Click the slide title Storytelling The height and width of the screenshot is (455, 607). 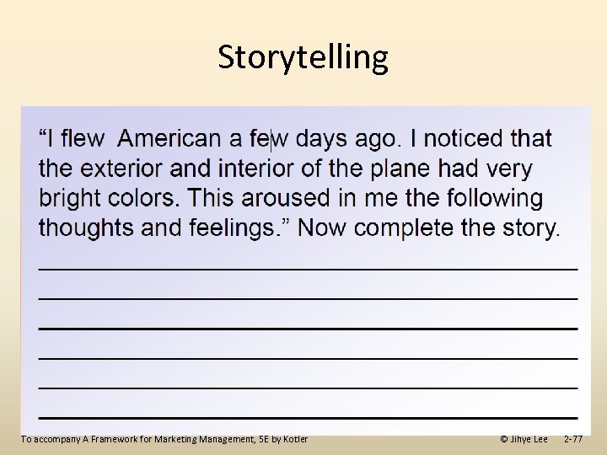(x=303, y=57)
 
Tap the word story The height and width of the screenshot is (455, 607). (x=529, y=227)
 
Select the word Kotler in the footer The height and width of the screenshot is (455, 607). (x=294, y=439)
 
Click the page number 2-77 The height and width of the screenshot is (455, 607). (x=572, y=439)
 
